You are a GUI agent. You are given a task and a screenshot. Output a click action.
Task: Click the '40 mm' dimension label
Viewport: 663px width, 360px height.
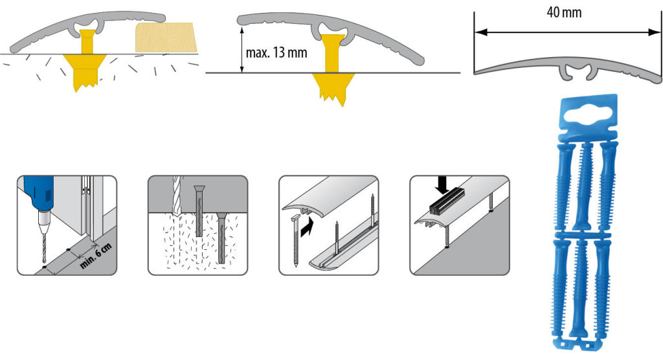[x=564, y=13]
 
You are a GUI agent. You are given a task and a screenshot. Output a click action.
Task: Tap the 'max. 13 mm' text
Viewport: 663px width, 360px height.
[x=276, y=53]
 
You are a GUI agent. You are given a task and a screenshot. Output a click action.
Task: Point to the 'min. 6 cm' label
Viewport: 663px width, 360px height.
[x=96, y=256]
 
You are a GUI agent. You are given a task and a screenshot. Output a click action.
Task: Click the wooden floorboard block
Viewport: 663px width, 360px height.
[x=166, y=38]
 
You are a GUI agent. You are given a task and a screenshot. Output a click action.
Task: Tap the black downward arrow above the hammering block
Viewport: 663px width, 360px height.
[x=442, y=185]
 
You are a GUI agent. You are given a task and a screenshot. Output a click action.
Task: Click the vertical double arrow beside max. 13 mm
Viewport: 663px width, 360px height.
[x=242, y=50]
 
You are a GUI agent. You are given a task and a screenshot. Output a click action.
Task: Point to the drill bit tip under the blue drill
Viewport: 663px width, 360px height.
[x=45, y=262]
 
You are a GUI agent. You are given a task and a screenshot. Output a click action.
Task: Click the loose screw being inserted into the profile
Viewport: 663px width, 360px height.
[x=297, y=241]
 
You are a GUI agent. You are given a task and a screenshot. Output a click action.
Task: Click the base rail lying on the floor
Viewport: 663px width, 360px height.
[x=343, y=249]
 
